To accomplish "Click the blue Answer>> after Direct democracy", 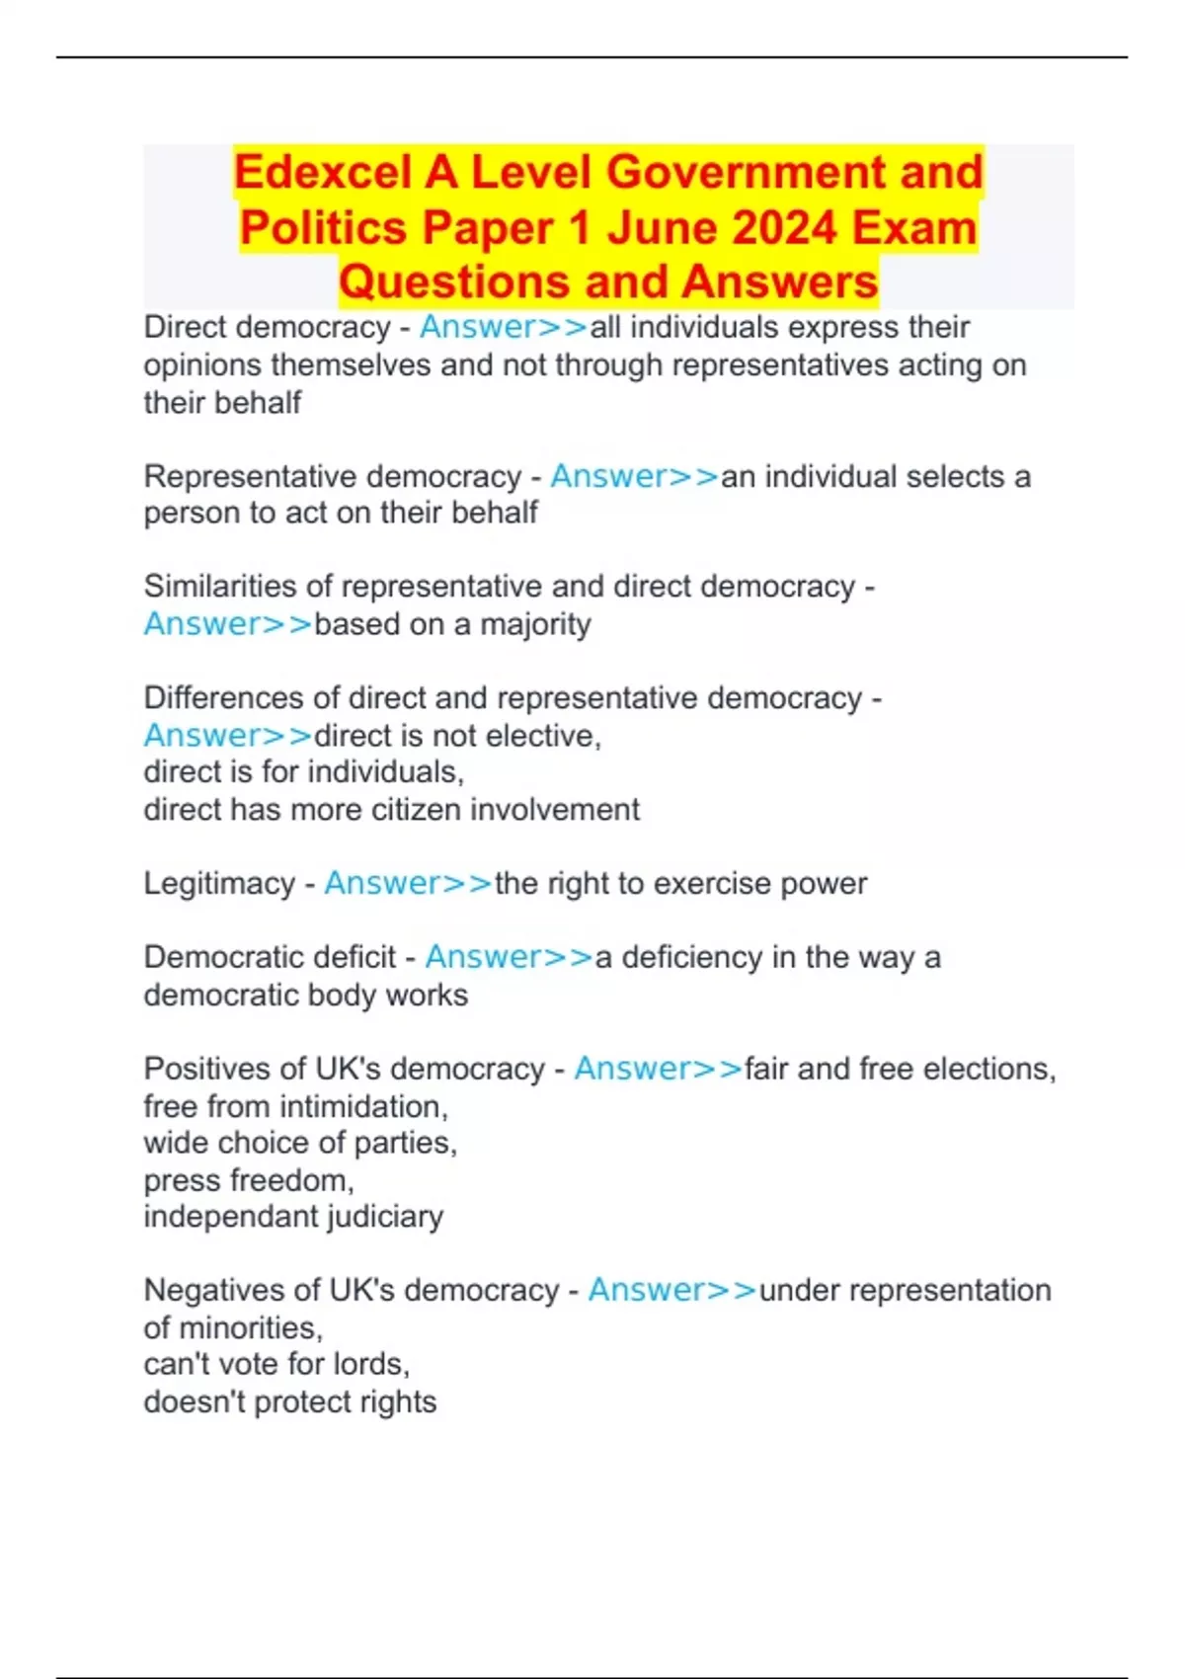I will coord(504,327).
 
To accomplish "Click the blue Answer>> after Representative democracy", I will coord(634,476).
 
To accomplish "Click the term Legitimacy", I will coord(219,884).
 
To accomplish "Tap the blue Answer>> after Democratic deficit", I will coord(509,957).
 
